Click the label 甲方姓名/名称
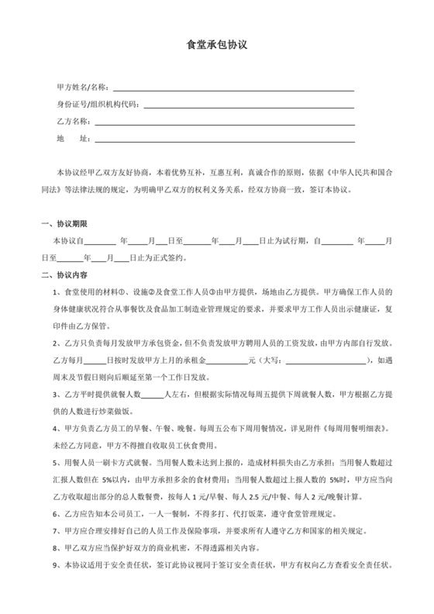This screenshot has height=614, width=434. pyautogui.click(x=84, y=86)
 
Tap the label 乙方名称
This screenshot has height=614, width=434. pyautogui.click(x=74, y=122)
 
